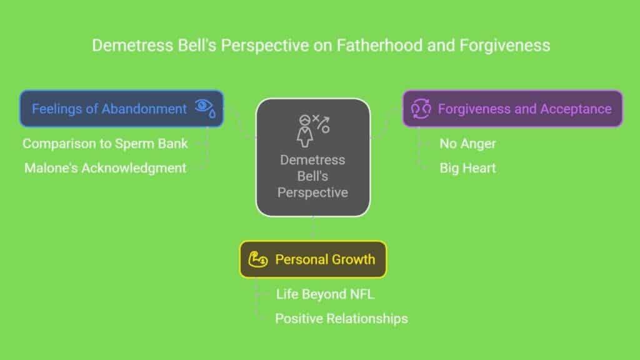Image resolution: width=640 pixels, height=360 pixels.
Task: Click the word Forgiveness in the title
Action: coord(505,45)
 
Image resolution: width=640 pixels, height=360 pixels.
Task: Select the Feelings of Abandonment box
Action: coord(122,109)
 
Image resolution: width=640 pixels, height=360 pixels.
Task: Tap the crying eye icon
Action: coord(205,108)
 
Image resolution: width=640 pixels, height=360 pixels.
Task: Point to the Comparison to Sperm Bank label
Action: coord(105,144)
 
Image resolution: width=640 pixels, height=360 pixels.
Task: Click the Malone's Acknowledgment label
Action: coord(105,168)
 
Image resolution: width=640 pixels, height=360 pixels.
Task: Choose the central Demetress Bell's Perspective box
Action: coord(312,157)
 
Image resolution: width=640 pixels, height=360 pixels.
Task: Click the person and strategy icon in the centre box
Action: coord(313,131)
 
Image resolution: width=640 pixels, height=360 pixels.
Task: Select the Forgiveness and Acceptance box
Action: coord(512,109)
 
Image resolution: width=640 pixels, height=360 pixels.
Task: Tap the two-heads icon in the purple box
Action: coord(421,109)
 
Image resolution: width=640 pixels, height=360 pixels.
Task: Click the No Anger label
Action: coord(467,144)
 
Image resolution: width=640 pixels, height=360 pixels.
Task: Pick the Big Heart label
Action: coord(467,168)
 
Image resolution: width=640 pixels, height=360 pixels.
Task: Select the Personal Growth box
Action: coord(313,259)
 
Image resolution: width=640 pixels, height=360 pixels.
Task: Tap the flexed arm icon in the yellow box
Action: coord(258,259)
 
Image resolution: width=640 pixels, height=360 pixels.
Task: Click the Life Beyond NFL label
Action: coord(325,294)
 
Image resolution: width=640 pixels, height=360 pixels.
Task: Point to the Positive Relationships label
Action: coord(341,319)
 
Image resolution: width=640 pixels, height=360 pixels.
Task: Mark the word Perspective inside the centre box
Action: coord(312,192)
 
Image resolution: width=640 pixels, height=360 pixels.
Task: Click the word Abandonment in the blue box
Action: coord(144,109)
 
